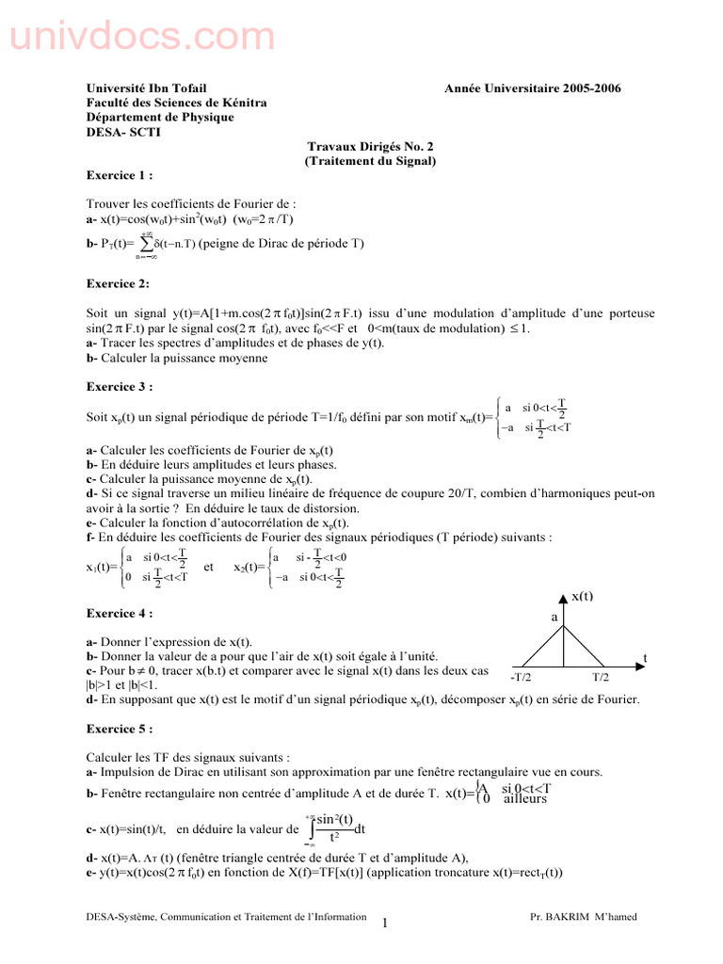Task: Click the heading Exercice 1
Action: coord(119,175)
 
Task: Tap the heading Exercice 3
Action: coord(119,386)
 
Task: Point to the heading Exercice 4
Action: coord(119,613)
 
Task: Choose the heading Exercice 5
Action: coord(119,729)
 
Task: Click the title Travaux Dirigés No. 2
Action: coord(371,147)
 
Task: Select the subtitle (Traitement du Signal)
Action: coord(371,161)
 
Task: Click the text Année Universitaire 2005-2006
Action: coord(533,88)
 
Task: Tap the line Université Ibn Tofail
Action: coord(146,88)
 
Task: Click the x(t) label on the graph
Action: coord(582,597)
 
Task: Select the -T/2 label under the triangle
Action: coord(521,677)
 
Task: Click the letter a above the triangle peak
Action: coord(554,617)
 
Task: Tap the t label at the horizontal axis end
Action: coord(646,658)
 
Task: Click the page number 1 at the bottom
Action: coord(385,924)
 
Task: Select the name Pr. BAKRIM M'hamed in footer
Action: coord(578,916)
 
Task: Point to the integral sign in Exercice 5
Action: coord(312,828)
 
